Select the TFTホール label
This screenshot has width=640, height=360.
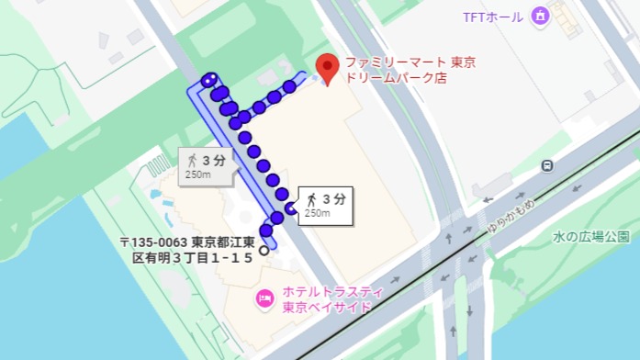(494, 17)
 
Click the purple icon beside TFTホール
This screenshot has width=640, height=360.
(540, 16)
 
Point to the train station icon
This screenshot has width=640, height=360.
(548, 166)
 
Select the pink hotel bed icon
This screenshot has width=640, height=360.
(265, 298)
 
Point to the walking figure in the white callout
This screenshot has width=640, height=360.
(312, 198)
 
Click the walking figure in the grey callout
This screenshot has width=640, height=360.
(193, 160)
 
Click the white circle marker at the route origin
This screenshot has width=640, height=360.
(264, 249)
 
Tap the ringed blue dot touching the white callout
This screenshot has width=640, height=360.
(291, 208)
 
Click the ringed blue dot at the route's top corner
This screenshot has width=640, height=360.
(210, 79)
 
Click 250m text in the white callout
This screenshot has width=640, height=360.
(317, 213)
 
